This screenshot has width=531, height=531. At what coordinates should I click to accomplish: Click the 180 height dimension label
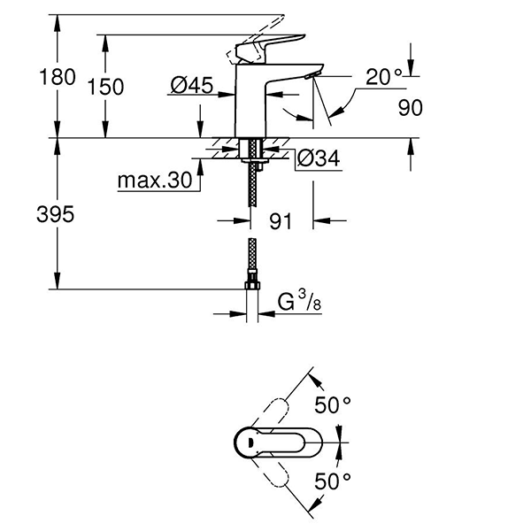pos(58,77)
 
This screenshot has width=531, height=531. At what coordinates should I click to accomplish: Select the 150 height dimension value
pos(106,86)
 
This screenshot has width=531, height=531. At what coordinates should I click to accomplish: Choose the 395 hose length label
pos(58,213)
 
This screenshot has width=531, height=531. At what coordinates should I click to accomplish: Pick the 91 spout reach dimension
pos(281,221)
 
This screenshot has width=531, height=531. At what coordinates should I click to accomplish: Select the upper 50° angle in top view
pos(333,405)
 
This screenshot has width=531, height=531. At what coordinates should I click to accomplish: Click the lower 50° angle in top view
pos(333,481)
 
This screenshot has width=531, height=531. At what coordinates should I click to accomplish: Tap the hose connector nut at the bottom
pos(253,285)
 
